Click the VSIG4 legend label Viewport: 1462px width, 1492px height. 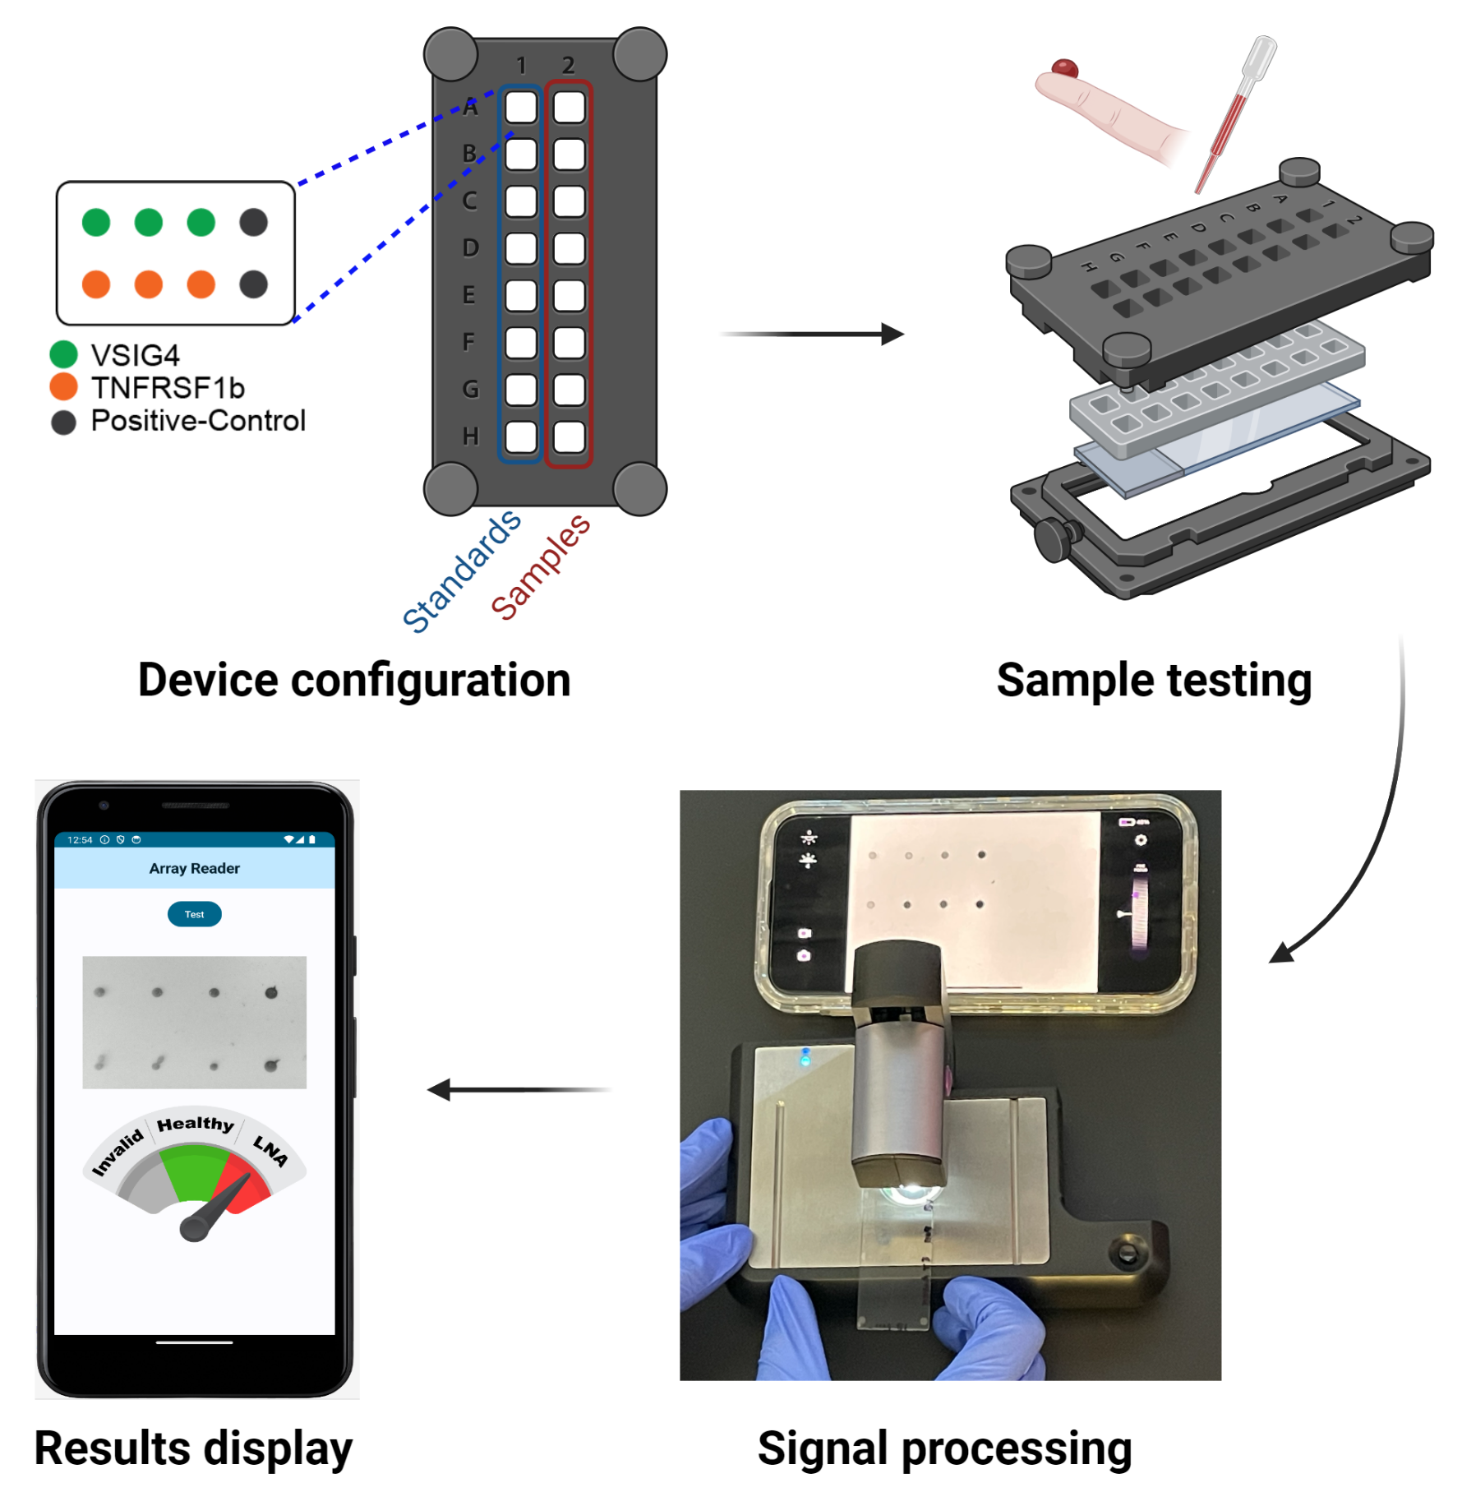coord(135,355)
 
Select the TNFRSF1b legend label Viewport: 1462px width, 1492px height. coord(168,388)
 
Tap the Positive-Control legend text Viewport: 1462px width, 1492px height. coord(197,421)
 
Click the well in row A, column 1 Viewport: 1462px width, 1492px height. coord(520,107)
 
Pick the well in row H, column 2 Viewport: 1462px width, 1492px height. coord(569,437)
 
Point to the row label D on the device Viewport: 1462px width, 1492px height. coord(470,247)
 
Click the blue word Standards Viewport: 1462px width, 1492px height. coord(461,572)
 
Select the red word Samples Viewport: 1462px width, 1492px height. coord(540,567)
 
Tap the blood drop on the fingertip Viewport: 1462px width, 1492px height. coord(1064,67)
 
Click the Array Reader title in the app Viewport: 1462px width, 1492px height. coord(194,869)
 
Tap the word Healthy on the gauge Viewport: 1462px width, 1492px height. coord(195,1124)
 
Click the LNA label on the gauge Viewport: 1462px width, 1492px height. coord(270,1150)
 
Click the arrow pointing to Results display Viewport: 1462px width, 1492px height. coord(518,1090)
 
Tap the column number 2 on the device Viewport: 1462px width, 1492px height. coord(568,65)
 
